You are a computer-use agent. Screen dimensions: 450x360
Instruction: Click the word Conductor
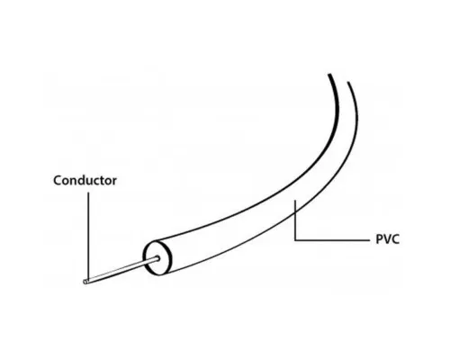click(x=85, y=180)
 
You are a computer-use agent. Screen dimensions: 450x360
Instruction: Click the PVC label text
click(x=388, y=239)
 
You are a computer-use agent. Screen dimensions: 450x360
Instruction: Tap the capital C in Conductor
click(x=58, y=181)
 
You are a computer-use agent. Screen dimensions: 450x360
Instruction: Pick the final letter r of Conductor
click(x=114, y=182)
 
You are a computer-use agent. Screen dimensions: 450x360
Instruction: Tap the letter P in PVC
click(x=380, y=239)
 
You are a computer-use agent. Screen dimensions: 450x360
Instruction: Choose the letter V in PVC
click(x=387, y=239)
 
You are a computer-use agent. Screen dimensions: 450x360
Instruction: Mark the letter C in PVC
click(x=395, y=239)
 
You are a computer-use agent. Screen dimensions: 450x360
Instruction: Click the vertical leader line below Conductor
click(x=88, y=237)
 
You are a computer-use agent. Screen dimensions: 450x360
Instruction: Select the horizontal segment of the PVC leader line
click(x=332, y=240)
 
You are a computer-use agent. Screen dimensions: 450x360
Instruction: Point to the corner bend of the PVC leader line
click(x=295, y=240)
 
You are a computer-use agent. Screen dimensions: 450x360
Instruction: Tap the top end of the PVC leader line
click(x=295, y=200)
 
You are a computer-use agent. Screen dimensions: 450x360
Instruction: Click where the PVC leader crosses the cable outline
click(x=295, y=212)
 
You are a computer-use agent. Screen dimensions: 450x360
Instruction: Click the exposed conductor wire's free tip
click(x=85, y=282)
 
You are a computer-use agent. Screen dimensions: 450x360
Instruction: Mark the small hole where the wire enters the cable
click(x=157, y=258)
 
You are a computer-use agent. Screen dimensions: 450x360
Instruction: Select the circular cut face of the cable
click(x=157, y=258)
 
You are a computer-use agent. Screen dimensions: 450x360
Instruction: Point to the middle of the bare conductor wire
click(x=121, y=270)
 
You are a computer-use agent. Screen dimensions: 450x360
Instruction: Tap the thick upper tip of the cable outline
click(x=329, y=75)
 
